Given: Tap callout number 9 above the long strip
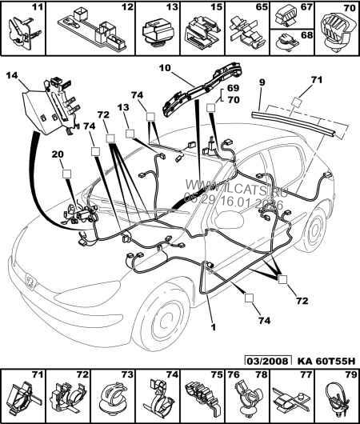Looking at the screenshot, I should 260,82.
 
